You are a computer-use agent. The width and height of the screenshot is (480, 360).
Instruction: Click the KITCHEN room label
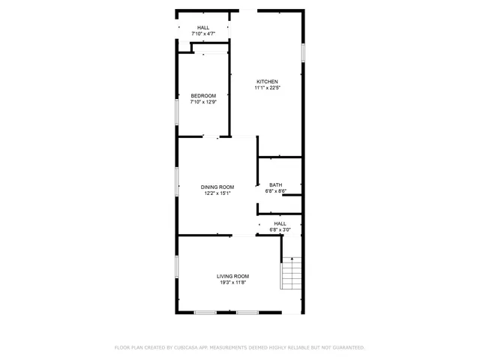[267, 82]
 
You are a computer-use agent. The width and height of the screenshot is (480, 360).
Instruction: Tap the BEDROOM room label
[203, 95]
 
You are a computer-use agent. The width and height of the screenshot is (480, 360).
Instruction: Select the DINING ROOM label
[217, 187]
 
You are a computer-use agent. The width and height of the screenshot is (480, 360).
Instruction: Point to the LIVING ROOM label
[233, 276]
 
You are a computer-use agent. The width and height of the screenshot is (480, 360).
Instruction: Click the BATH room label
[276, 185]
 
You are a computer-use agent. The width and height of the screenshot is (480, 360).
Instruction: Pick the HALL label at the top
[203, 28]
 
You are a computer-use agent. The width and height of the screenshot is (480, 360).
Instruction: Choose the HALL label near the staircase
[280, 223]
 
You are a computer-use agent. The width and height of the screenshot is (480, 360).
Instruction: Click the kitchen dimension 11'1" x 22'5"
[267, 88]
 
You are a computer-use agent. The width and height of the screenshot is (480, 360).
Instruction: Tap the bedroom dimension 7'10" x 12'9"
[203, 102]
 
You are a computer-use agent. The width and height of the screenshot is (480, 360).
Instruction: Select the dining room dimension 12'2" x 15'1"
[217, 193]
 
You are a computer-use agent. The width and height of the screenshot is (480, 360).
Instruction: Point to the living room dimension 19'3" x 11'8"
[233, 283]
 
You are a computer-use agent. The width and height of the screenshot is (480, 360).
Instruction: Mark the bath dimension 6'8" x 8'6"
[276, 191]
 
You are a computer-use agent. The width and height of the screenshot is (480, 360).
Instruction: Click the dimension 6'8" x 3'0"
[280, 229]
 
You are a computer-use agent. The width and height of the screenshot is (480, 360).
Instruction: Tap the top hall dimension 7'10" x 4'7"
[203, 34]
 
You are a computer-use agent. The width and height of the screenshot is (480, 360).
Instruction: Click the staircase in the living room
[291, 273]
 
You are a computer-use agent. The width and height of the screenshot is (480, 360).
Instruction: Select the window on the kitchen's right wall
[303, 52]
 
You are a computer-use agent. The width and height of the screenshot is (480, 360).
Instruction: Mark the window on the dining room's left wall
[177, 181]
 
